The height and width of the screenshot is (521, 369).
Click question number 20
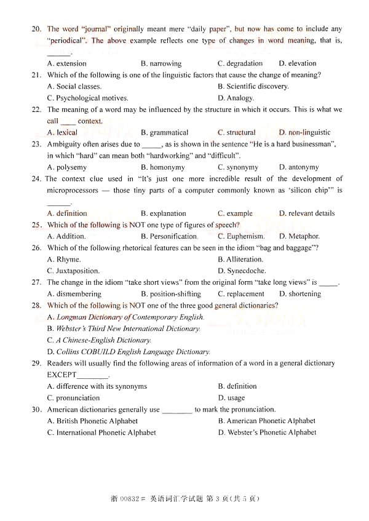click(x=36, y=29)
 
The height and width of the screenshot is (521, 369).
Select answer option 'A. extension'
click(x=66, y=63)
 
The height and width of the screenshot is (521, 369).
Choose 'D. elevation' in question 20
click(x=298, y=63)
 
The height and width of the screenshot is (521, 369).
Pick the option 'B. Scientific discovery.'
click(x=253, y=86)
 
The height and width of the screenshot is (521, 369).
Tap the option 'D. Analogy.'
click(x=236, y=98)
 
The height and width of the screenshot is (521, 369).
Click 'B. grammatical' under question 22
click(x=164, y=132)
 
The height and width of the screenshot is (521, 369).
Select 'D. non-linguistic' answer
click(x=304, y=132)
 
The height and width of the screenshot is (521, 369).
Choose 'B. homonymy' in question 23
click(x=161, y=167)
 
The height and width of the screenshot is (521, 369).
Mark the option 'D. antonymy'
click(x=299, y=167)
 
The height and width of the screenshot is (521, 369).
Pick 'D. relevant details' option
click(x=307, y=213)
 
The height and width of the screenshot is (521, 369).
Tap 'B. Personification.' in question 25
click(x=169, y=236)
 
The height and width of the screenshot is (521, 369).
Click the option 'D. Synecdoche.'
click(x=242, y=271)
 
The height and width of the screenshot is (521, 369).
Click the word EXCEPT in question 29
click(x=62, y=375)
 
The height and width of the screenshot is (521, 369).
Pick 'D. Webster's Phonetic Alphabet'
click(x=267, y=432)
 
